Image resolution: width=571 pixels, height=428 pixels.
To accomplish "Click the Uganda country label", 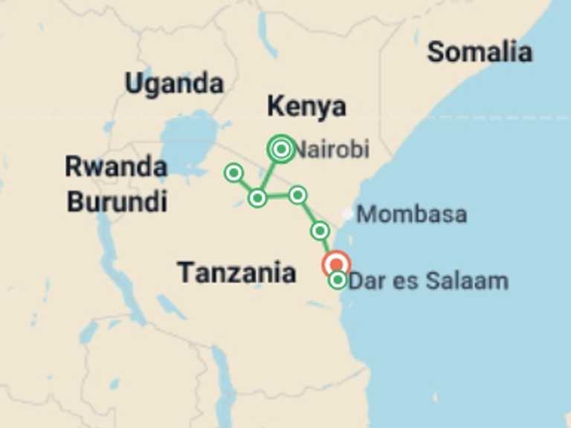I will click(174, 83).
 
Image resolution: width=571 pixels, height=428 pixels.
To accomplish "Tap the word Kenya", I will click(306, 107).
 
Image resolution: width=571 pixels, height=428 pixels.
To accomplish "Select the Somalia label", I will click(480, 52).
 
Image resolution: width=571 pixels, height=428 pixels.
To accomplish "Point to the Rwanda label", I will click(115, 166).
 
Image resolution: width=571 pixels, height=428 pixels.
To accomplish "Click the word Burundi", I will click(117, 201).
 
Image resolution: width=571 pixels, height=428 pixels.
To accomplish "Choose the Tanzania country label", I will click(236, 273).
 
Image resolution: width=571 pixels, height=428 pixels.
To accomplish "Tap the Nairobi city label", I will click(332, 150).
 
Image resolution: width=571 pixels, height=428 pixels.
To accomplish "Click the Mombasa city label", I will click(412, 215).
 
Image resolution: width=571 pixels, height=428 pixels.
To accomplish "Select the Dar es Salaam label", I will click(429, 282).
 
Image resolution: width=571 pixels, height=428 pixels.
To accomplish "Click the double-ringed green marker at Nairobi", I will click(280, 149).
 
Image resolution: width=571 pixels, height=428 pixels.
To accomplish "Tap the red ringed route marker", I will click(336, 264).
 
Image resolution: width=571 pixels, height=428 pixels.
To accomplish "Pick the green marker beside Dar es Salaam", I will click(338, 280).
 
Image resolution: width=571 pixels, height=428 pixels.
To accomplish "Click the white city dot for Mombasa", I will click(347, 214).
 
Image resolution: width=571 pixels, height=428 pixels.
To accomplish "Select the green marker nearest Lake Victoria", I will click(233, 173).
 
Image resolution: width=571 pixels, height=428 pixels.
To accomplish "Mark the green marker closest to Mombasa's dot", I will click(320, 230).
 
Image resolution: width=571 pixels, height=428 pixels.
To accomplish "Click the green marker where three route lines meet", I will click(257, 198).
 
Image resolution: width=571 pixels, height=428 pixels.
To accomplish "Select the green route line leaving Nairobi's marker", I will click(270, 172).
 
